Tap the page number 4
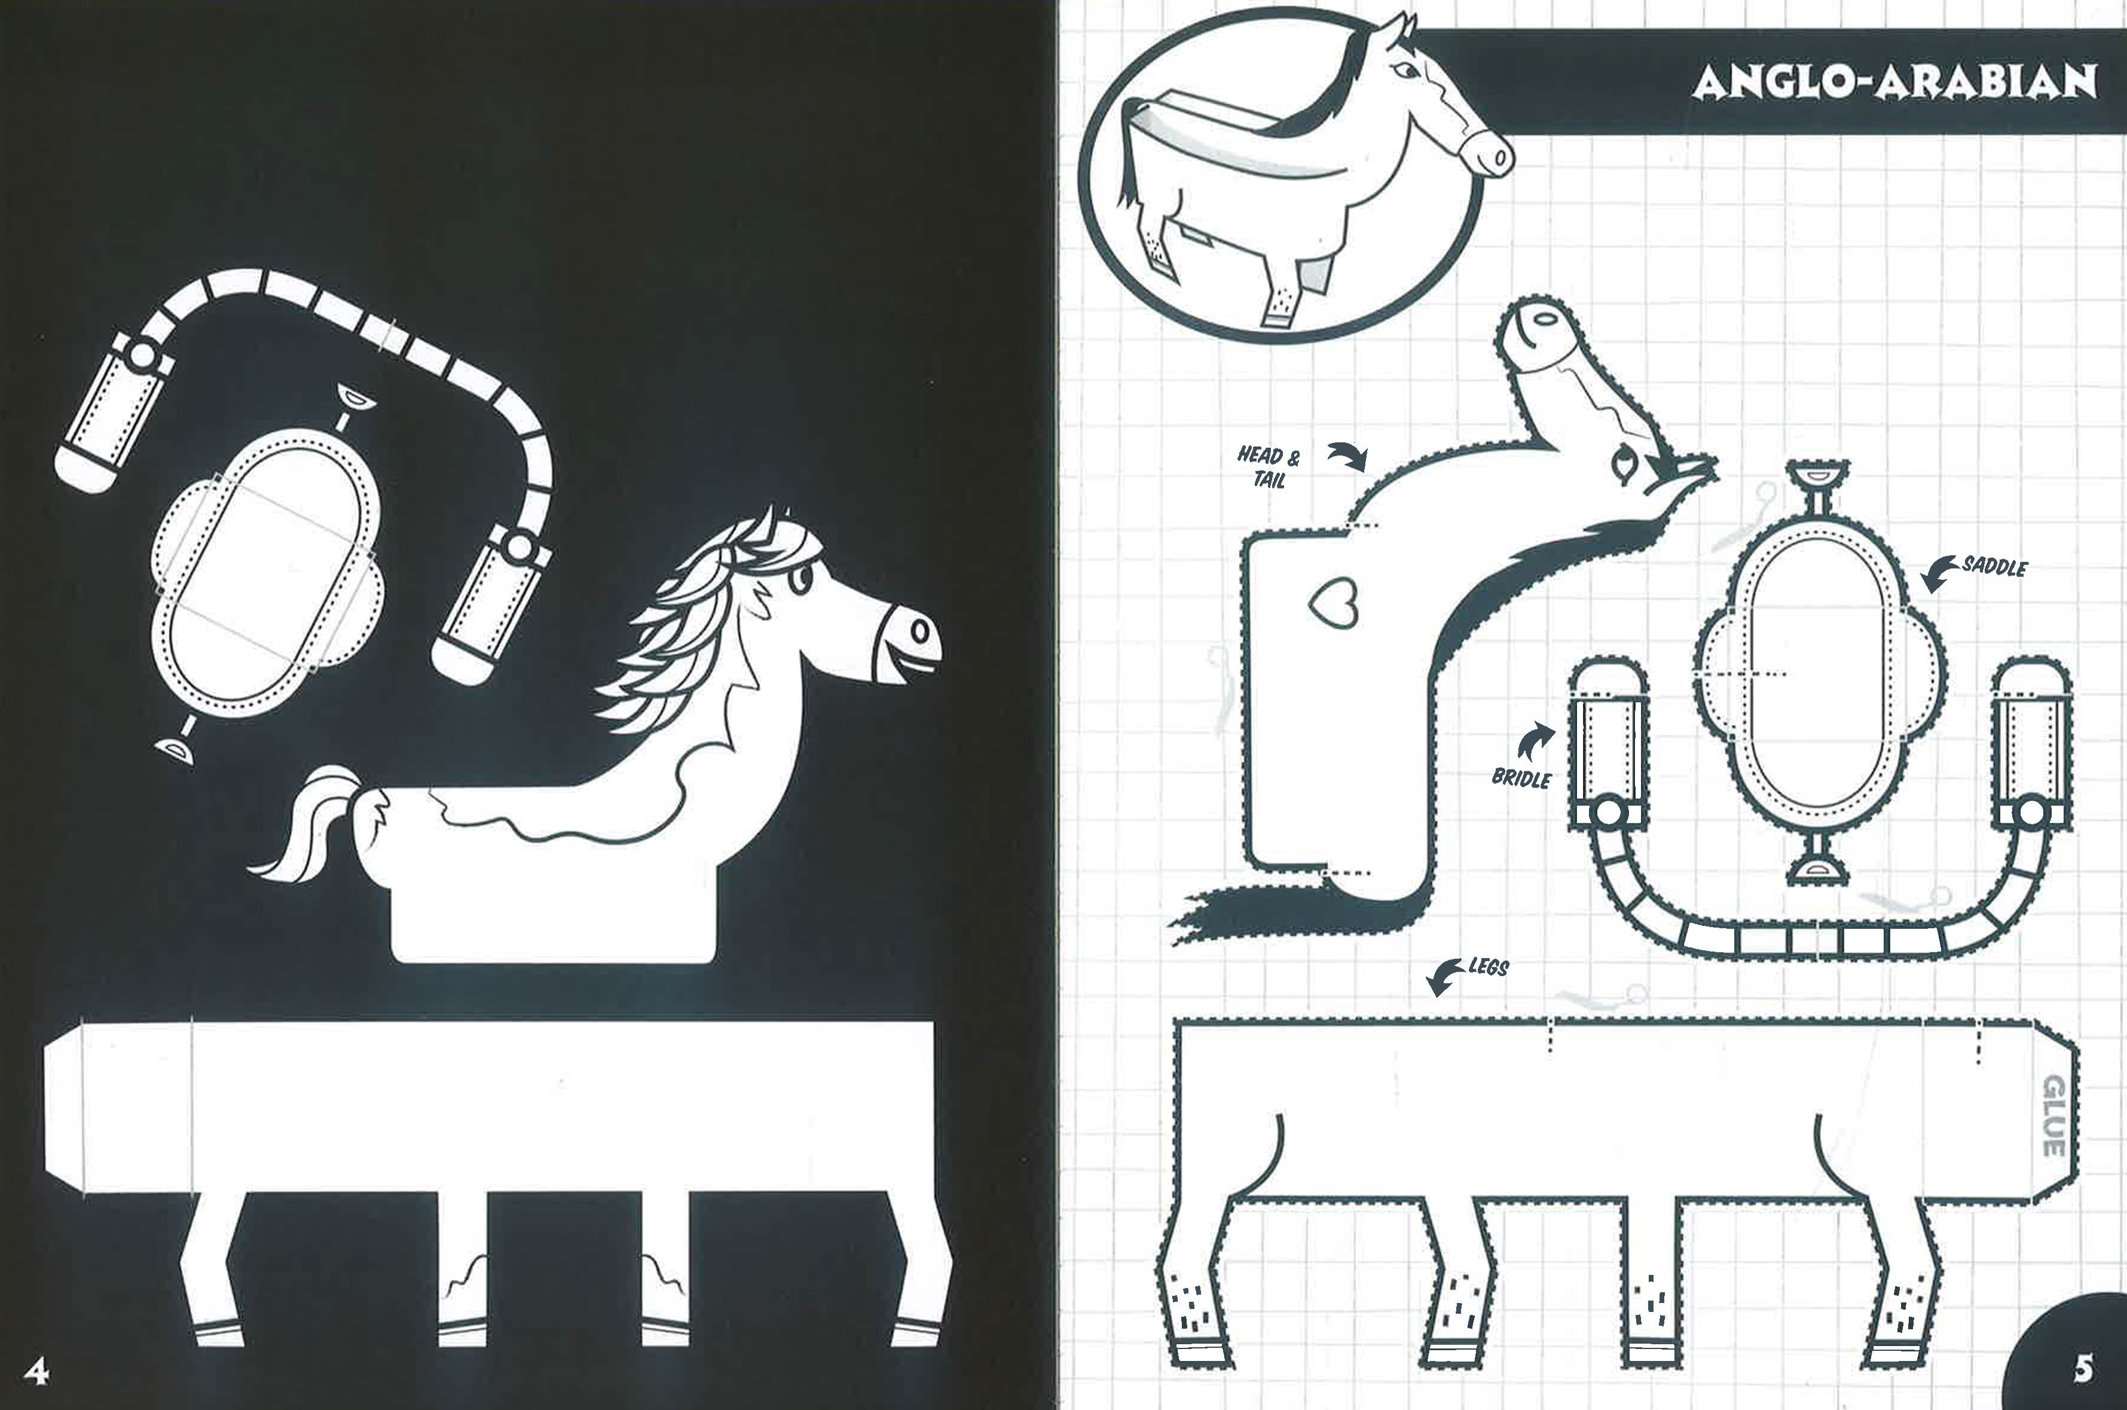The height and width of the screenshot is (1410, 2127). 36,1371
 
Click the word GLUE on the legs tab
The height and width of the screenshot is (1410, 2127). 2053,1116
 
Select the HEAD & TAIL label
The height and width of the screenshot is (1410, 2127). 1269,466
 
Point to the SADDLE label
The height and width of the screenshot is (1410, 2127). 1994,566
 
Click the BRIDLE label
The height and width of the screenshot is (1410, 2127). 1521,778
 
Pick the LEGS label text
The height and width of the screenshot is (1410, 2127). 1489,968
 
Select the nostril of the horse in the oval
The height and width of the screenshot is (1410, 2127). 1499,158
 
